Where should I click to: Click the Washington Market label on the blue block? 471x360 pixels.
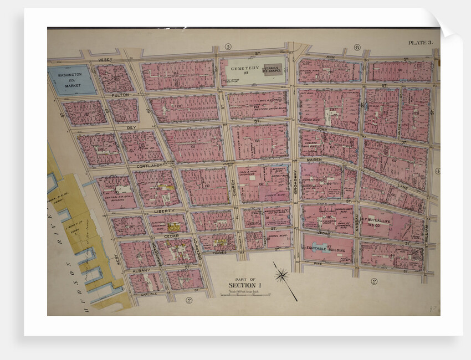tap(70, 79)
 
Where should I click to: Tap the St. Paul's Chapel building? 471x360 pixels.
tap(272, 69)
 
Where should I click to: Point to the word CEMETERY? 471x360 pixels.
tap(244, 68)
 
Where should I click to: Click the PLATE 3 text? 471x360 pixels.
tap(421, 43)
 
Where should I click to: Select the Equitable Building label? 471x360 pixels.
tap(327, 249)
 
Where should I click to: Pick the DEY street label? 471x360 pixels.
tap(131, 127)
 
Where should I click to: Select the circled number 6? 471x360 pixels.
tap(357, 47)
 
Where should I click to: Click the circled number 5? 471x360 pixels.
tap(228, 46)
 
